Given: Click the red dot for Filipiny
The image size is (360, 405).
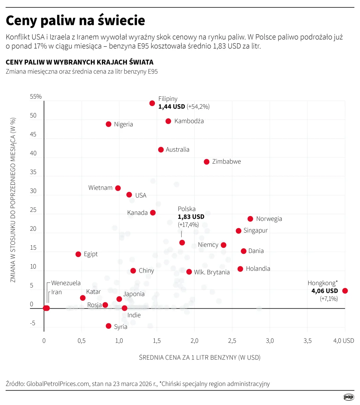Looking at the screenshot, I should pyautogui.click(x=152, y=103).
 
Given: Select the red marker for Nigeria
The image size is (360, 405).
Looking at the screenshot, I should pyautogui.click(x=108, y=124).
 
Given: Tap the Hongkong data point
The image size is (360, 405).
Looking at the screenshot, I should pyautogui.click(x=345, y=291).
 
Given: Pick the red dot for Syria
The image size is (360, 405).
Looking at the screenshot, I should pyautogui.click(x=108, y=326).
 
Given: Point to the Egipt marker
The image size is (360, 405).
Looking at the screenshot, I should pyautogui.click(x=78, y=254).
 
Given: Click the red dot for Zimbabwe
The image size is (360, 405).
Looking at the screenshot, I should pyautogui.click(x=207, y=162).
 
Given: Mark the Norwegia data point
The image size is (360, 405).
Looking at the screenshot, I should pyautogui.click(x=250, y=219).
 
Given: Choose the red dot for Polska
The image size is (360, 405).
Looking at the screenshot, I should pyautogui.click(x=182, y=243).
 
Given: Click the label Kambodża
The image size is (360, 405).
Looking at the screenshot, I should pyautogui.click(x=189, y=121).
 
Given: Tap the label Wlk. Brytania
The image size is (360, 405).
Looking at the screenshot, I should pyautogui.click(x=212, y=272).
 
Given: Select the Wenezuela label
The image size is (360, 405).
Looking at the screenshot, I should pyautogui.click(x=66, y=283).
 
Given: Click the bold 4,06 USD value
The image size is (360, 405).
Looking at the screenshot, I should pyautogui.click(x=325, y=291).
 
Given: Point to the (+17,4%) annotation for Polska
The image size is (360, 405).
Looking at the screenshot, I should pyautogui.click(x=188, y=225).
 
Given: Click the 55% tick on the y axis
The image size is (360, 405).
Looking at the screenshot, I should pyautogui.click(x=36, y=97).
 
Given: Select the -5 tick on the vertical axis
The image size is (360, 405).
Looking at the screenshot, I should pyautogui.click(x=33, y=323).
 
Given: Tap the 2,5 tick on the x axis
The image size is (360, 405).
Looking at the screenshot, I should pyautogui.click(x=232, y=341).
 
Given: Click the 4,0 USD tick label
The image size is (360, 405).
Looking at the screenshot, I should pyautogui.click(x=344, y=341).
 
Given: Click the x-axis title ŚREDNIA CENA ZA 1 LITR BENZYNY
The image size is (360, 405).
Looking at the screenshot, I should pyautogui.click(x=200, y=358).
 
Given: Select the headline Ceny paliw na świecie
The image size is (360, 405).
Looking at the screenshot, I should pyautogui.click(x=76, y=21).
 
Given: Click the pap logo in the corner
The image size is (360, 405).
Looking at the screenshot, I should pyautogui.click(x=349, y=397).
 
